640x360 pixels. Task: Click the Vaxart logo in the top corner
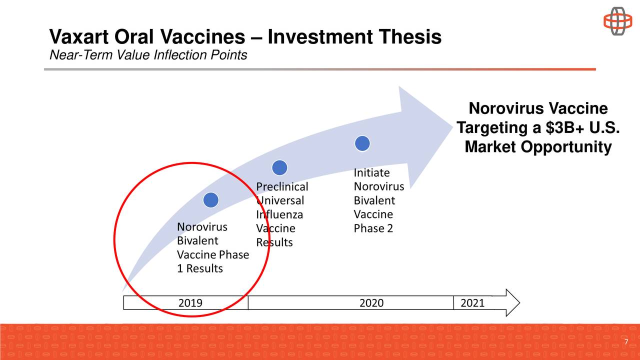617,21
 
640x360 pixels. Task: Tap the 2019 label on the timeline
190,303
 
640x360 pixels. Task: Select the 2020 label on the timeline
371,303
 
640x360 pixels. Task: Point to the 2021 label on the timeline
472,303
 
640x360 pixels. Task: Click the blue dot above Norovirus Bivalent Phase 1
210,200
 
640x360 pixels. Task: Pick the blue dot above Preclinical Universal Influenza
279,168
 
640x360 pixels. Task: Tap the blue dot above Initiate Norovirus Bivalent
362,143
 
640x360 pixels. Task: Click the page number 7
626,342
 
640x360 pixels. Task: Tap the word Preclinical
282,187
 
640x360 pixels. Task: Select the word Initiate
371,173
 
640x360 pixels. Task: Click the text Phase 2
373,228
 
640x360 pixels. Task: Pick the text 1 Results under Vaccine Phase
200,268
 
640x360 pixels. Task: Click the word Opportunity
566,147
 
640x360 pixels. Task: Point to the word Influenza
279,215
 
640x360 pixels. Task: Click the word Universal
280,201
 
